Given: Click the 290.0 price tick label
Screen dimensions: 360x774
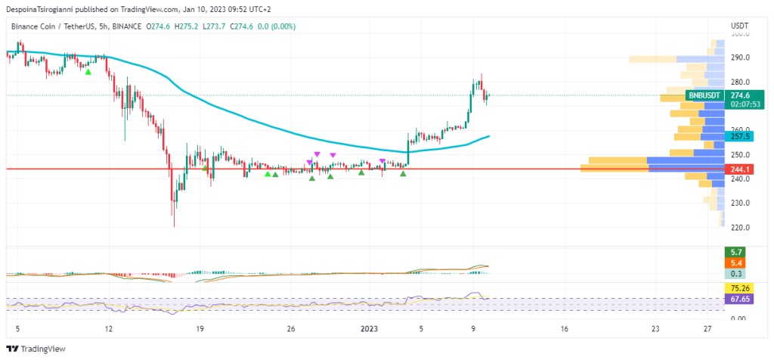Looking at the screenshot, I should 739,57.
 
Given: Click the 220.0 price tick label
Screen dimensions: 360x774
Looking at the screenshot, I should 739,227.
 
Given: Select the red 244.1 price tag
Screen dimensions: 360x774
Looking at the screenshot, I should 738,169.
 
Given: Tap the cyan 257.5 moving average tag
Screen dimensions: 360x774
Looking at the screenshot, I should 738,136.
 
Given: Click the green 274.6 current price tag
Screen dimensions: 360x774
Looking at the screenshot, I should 738,95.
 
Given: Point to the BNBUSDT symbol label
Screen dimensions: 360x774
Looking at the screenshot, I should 704,95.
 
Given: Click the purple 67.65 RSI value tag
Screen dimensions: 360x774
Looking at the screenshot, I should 738,299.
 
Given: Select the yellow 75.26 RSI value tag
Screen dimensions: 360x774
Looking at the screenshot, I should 738,288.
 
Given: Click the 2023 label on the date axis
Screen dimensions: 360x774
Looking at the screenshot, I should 369,329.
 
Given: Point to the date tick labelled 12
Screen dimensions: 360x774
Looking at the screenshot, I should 109,329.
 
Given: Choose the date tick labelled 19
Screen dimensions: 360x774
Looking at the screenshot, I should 200,329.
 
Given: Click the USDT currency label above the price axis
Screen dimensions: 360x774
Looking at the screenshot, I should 740,26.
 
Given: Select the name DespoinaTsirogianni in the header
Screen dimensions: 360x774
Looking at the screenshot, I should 46,10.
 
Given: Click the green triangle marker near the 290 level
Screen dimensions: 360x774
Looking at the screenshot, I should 88,71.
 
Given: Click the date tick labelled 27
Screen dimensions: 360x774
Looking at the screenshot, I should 707,329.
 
